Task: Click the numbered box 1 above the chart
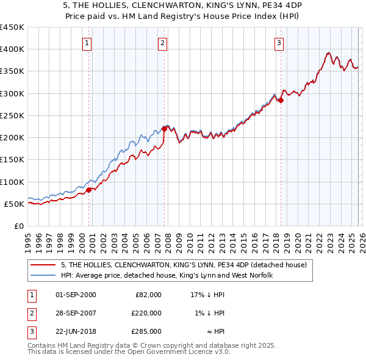[x=88, y=43]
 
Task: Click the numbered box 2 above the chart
[x=163, y=43]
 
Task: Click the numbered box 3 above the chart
[x=279, y=43]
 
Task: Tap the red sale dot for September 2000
[x=88, y=190]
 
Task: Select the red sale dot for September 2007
[x=164, y=129]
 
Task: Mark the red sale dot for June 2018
[x=281, y=101]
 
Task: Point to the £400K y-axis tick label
[x=12, y=49]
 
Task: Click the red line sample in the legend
[x=43, y=265]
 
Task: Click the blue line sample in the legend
[x=43, y=275]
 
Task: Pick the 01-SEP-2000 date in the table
[x=76, y=295]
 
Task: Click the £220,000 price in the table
[x=146, y=313]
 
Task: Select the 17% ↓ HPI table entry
[x=208, y=295]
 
